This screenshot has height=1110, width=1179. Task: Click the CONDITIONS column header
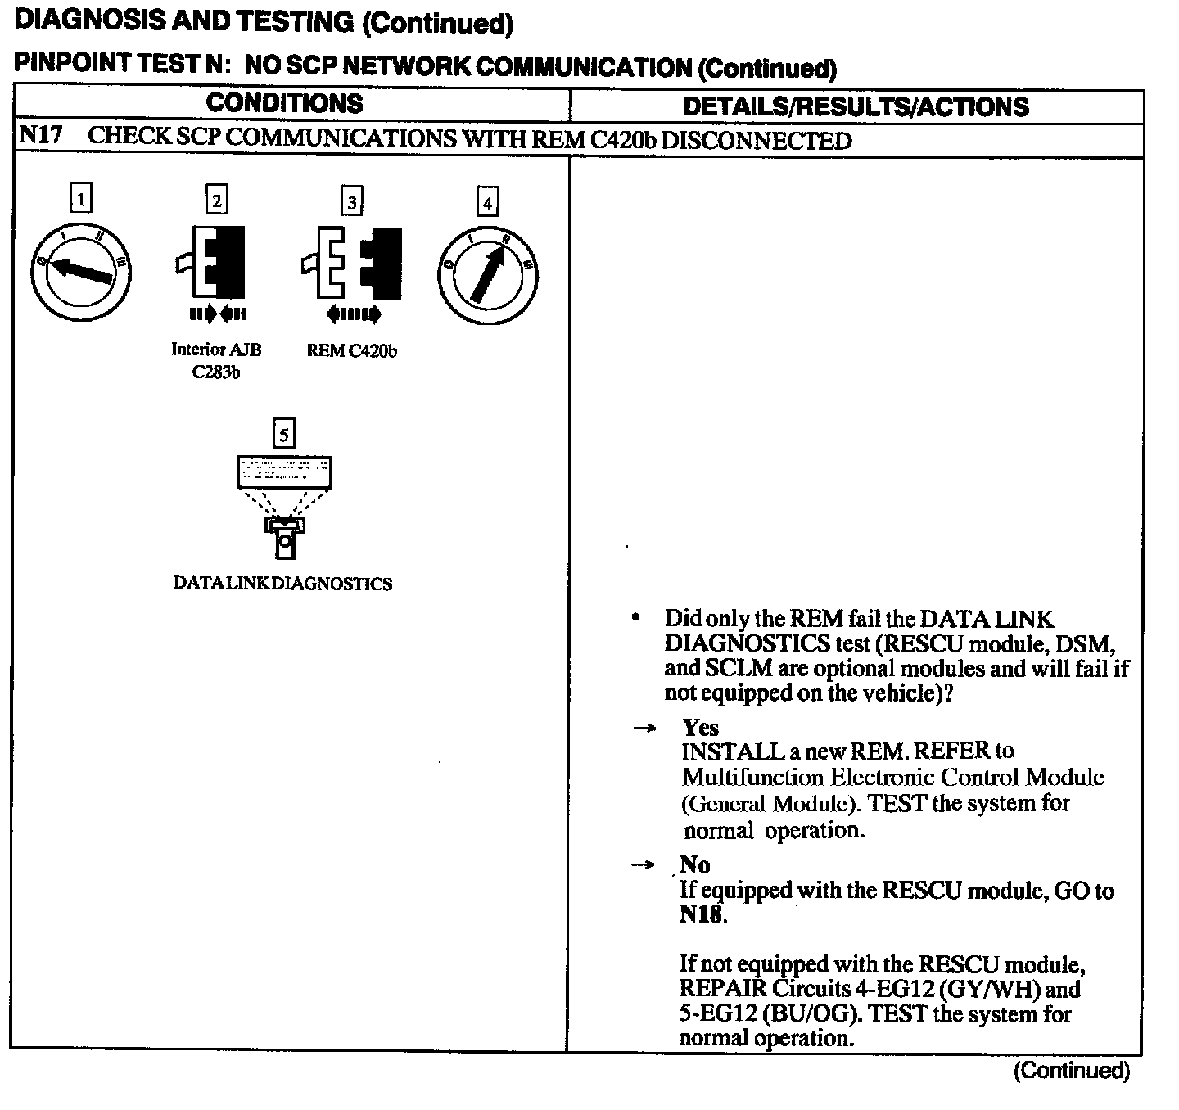284,103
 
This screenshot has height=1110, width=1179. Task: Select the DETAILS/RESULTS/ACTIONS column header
856,106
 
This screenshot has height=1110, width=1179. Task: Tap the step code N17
40,135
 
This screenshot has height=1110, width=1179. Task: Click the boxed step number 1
80,198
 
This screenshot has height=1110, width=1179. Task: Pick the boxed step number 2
216,200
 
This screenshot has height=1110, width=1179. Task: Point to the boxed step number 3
352,201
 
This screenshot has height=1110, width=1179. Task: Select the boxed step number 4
488,202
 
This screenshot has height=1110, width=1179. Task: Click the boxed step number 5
283,433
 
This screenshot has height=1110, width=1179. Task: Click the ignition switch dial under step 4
488,273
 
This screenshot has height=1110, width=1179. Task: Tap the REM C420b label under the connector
352,350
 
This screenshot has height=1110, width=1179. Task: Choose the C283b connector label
216,373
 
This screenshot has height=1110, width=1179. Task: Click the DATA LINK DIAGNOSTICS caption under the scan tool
282,584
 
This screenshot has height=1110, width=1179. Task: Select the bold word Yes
700,727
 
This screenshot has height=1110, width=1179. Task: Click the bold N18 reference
701,914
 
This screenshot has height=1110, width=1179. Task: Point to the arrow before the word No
645,865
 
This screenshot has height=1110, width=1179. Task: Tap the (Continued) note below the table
1071,1070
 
